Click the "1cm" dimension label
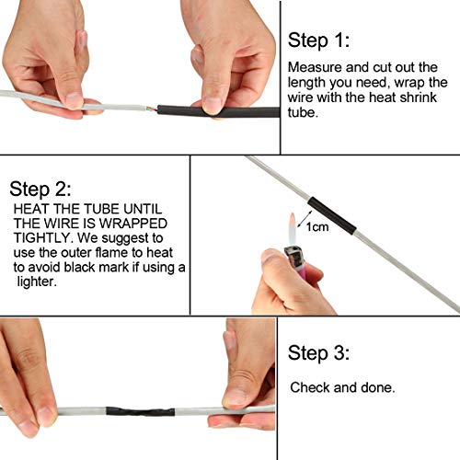[x=317, y=226]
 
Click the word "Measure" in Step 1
[x=314, y=68]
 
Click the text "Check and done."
[x=342, y=387]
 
